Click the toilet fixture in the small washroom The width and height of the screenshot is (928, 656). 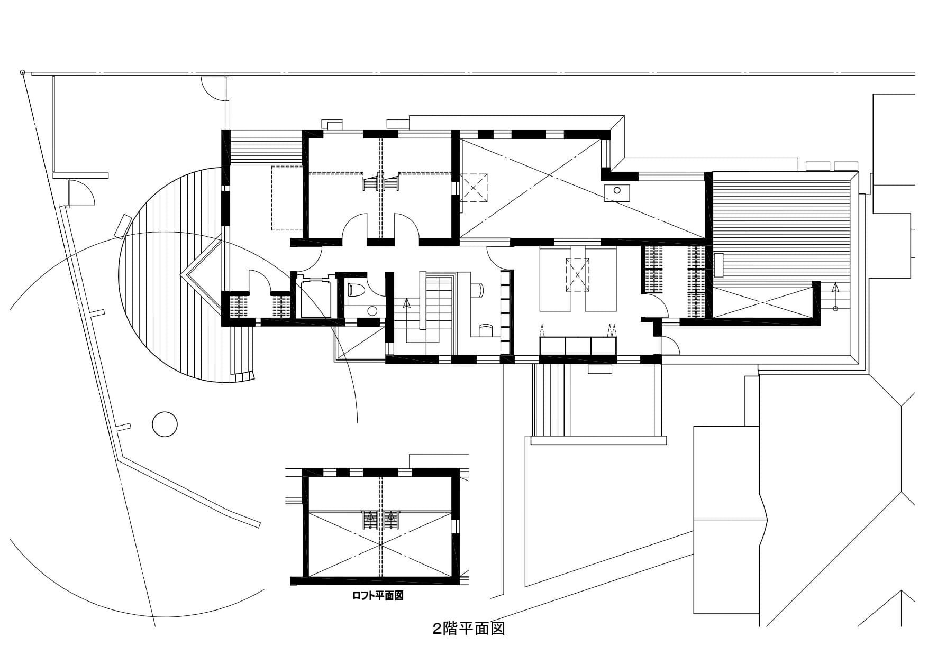point(355,290)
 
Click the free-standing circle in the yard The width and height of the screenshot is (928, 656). point(165,423)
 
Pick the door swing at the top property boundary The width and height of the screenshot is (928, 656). point(212,88)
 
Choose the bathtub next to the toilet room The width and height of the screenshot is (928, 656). point(316,299)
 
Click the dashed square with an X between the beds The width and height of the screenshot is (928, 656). point(577,274)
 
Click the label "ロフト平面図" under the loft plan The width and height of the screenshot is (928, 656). point(378,596)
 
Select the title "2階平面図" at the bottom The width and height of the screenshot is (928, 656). point(469,629)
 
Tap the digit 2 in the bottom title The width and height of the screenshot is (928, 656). point(437,630)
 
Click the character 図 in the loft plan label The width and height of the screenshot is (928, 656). point(399,596)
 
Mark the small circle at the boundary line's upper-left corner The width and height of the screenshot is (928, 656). point(22,72)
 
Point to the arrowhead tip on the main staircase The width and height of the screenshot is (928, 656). point(406,299)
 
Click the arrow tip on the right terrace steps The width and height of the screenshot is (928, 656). point(835,283)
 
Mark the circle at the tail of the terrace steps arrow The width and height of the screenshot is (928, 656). point(835,308)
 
